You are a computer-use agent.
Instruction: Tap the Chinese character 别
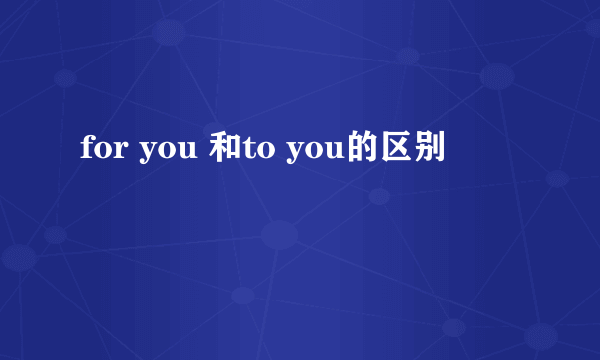[422, 151]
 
